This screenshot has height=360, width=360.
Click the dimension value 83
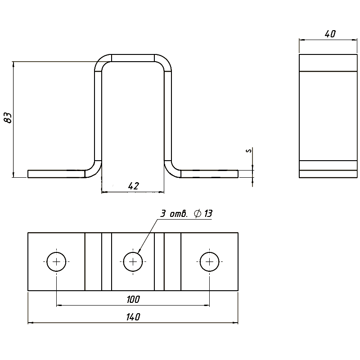click(x=9, y=118)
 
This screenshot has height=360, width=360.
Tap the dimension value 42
click(x=133, y=186)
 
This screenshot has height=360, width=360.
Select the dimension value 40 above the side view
click(x=330, y=34)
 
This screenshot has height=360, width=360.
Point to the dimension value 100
click(x=133, y=299)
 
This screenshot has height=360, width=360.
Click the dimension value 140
click(x=133, y=317)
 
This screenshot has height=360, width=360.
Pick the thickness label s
click(x=249, y=151)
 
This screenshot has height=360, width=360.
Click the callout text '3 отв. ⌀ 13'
click(x=186, y=214)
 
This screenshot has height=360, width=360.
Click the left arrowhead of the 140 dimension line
click(x=30, y=323)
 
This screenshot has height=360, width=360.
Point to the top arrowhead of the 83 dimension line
click(x=13, y=64)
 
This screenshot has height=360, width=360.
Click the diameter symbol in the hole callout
click(x=198, y=214)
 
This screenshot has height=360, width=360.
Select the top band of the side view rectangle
click(x=328, y=63)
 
